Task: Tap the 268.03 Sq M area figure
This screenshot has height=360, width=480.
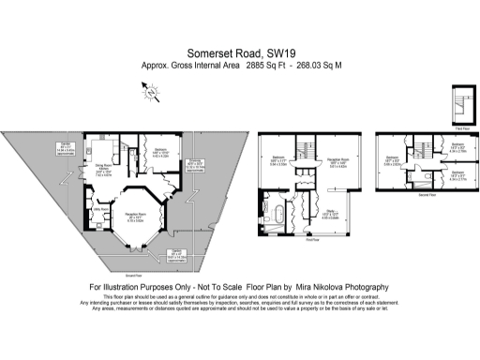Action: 319,67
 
